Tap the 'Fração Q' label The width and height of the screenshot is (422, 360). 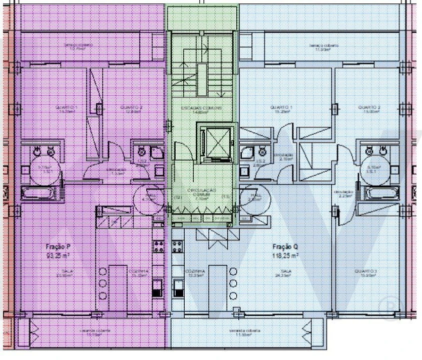tap(285, 246)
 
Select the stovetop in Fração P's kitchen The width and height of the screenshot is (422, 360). tap(158, 245)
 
